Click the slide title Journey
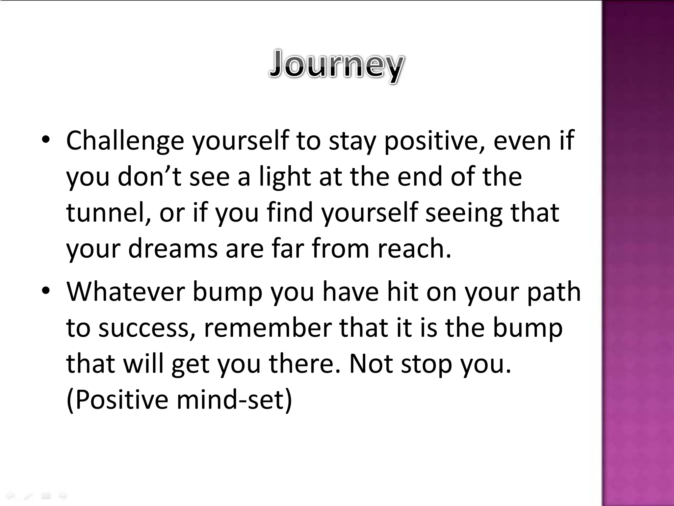(x=336, y=65)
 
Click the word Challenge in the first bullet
(x=125, y=141)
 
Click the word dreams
(x=173, y=248)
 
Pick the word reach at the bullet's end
(x=413, y=248)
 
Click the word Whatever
(x=125, y=292)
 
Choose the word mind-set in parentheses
(x=234, y=400)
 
